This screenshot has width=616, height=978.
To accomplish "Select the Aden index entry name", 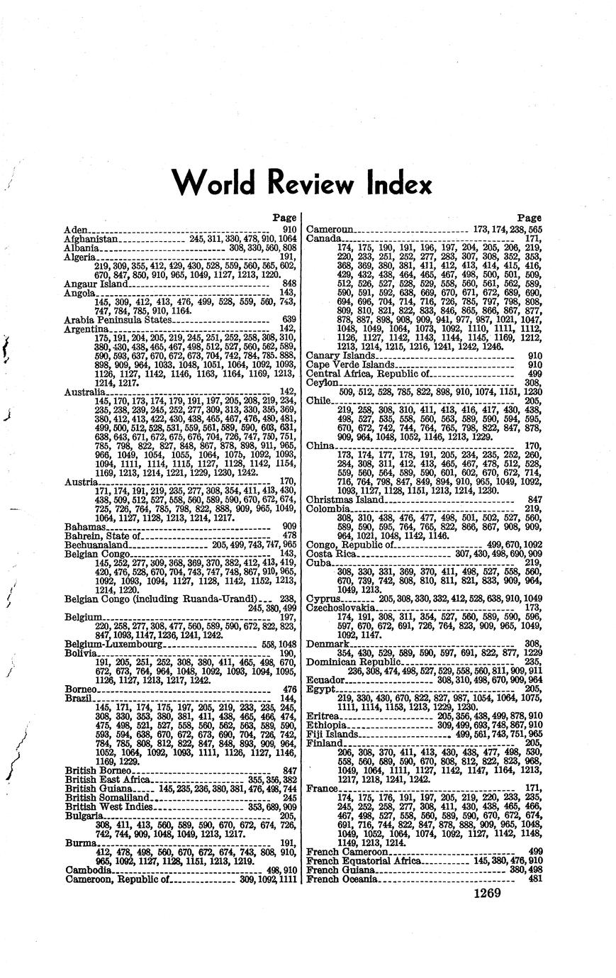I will coord(75,230).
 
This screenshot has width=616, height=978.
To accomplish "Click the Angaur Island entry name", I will coord(96,284).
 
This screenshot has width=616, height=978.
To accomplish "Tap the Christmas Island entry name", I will coord(345,499).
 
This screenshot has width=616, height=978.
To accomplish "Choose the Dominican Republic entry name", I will coord(347,662).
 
